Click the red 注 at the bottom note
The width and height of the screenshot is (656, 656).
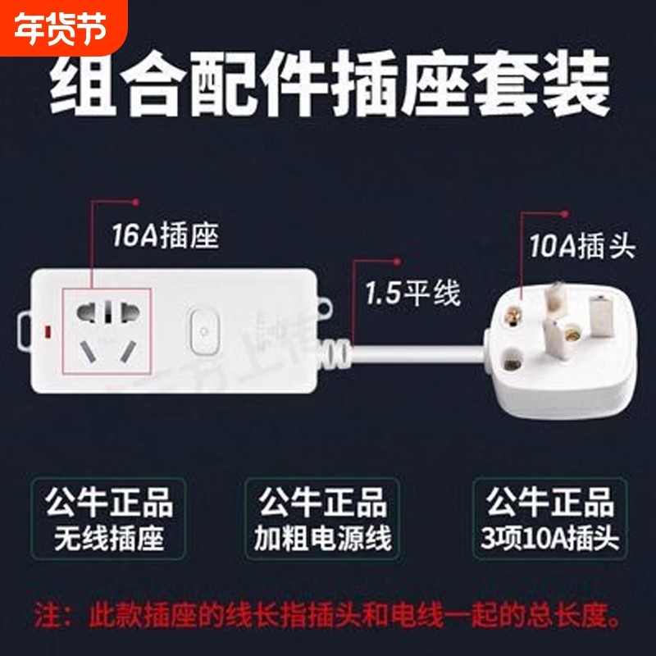click(x=43, y=613)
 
